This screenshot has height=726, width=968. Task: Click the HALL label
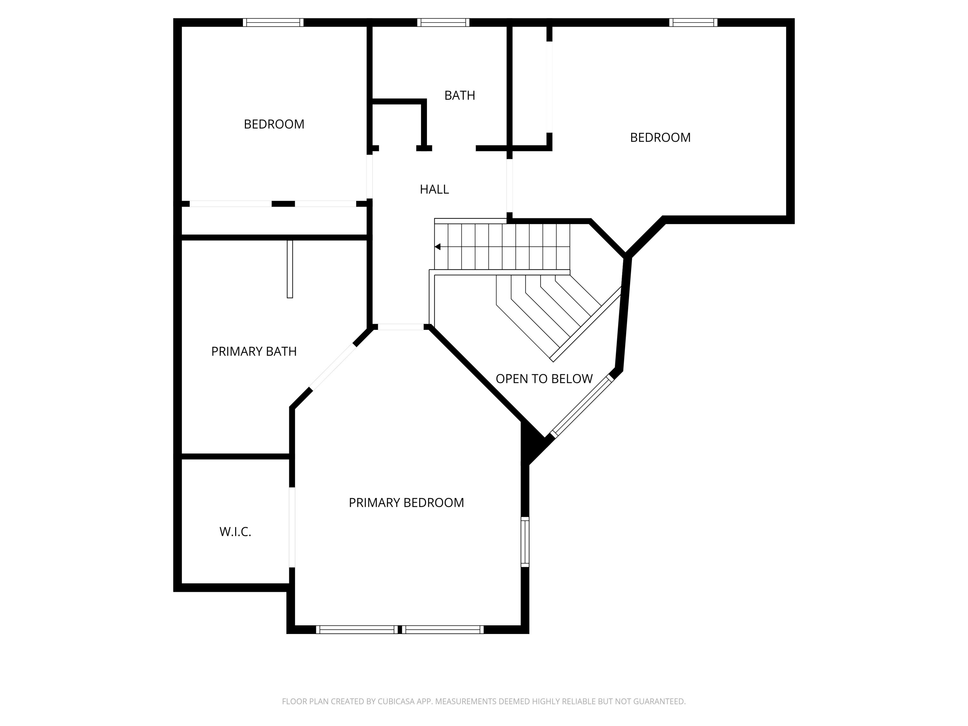[434, 189]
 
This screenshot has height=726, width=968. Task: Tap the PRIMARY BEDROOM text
[406, 503]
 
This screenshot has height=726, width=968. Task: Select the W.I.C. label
[235, 532]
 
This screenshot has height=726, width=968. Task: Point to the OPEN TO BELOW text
[544, 379]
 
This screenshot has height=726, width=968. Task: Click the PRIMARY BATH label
[254, 351]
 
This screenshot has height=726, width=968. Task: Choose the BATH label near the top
[459, 96]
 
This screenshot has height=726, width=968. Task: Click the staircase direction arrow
[438, 247]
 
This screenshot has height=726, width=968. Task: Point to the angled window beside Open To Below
[582, 407]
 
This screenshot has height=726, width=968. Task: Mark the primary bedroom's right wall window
[525, 542]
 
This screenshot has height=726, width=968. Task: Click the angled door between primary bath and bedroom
[333, 367]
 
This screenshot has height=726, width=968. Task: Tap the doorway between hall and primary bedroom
[400, 327]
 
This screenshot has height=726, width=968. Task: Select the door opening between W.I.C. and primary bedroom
[292, 527]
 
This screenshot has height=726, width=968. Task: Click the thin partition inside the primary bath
[290, 269]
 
